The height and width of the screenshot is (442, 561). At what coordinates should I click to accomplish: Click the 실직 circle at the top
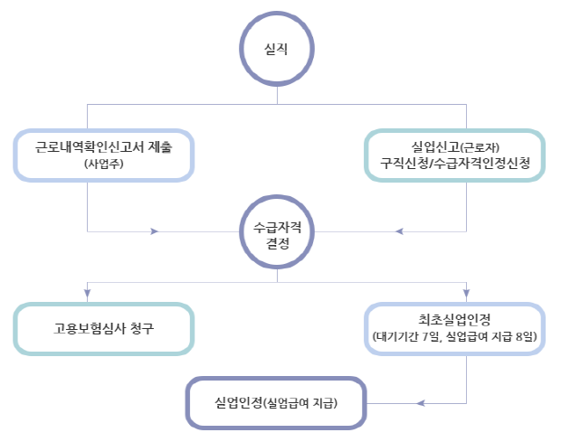click(278, 49)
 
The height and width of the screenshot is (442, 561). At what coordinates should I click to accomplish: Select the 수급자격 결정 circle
click(278, 232)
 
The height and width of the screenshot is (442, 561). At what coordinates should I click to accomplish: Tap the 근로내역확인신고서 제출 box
click(104, 155)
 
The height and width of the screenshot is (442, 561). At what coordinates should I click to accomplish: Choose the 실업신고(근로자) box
click(457, 155)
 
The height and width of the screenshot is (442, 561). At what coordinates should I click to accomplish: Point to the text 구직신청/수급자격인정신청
click(457, 165)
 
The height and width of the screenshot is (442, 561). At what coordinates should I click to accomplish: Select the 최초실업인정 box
click(455, 327)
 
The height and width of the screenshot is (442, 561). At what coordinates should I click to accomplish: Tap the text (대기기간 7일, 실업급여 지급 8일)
click(455, 337)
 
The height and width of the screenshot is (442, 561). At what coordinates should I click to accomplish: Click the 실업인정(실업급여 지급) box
click(276, 400)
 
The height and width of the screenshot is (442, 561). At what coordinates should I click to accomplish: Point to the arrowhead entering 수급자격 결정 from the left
click(155, 232)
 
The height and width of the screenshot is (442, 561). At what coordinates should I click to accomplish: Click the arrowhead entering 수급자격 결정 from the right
click(399, 232)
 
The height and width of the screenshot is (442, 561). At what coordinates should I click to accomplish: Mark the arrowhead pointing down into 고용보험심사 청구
click(88, 293)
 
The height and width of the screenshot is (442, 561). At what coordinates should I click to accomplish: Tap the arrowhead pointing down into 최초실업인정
click(467, 293)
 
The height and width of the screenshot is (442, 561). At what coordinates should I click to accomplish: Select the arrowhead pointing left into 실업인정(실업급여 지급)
click(420, 400)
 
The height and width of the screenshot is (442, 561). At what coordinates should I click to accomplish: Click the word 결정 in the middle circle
click(278, 242)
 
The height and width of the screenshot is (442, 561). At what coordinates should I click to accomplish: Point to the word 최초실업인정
click(455, 318)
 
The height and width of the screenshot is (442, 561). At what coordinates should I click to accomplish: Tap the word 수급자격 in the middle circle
click(278, 225)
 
